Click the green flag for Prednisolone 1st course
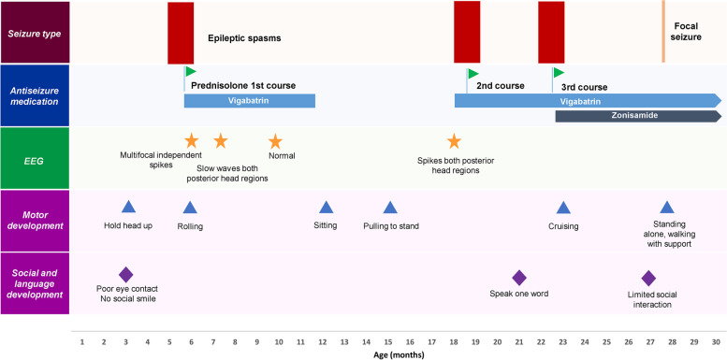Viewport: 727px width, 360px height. tap(191, 71)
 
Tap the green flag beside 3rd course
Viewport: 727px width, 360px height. tap(559, 72)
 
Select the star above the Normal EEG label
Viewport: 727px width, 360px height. tap(275, 141)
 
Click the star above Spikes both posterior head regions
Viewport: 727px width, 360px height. tap(454, 141)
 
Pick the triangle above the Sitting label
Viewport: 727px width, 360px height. tap(326, 208)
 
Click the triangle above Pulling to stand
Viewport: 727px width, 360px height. tap(390, 208)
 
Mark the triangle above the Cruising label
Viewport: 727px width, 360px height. tap(563, 208)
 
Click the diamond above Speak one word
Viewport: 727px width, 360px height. tap(519, 277)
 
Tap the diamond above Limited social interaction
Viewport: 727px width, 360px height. tap(648, 277)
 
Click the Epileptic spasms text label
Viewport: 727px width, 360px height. tap(244, 40)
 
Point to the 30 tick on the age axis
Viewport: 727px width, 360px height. tap(716, 342)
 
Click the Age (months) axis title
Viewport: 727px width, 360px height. tap(398, 354)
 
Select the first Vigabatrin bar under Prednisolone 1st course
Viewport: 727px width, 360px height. tap(250, 100)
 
